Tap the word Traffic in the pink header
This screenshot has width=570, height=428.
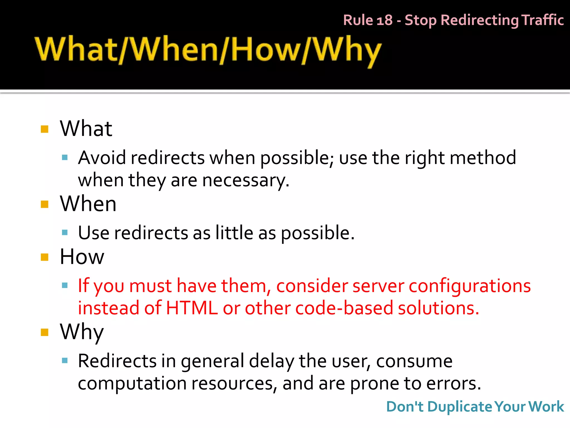(x=542, y=20)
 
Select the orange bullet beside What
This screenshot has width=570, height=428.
(x=45, y=129)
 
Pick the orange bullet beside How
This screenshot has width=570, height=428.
(x=45, y=257)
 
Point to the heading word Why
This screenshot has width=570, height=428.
(x=82, y=332)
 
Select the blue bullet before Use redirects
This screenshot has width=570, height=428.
(x=65, y=232)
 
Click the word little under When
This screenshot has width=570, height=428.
(x=234, y=233)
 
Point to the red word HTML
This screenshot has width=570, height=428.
(x=192, y=308)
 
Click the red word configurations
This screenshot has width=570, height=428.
(x=470, y=286)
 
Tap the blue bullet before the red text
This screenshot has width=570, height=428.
(x=65, y=285)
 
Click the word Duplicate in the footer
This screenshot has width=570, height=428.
(x=460, y=407)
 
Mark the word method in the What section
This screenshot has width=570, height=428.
(x=483, y=158)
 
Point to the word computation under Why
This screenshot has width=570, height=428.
(x=132, y=383)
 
